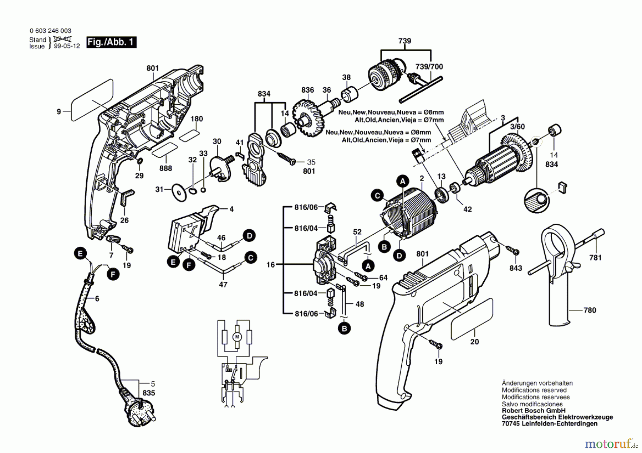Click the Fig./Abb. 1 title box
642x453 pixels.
[111, 42]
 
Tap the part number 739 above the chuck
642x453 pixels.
[404, 41]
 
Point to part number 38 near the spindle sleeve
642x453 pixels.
[346, 77]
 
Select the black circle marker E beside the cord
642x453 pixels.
[80, 254]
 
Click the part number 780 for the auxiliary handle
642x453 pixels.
[590, 310]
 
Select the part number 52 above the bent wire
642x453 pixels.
[357, 232]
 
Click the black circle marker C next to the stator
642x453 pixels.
[377, 196]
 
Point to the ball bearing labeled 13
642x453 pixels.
[442, 196]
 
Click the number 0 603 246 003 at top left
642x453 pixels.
[50, 31]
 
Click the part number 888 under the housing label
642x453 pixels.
[165, 168]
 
